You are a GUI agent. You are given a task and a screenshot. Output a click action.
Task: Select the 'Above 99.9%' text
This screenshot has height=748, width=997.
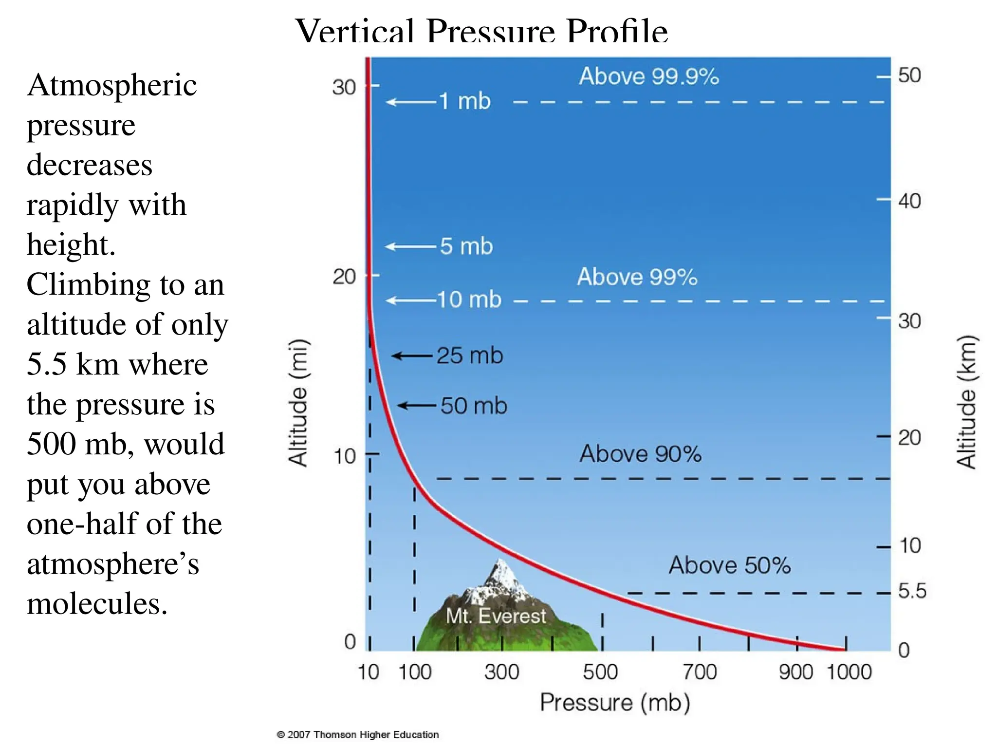tap(648, 76)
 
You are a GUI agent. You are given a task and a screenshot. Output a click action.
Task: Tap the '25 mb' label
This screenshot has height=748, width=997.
tap(469, 355)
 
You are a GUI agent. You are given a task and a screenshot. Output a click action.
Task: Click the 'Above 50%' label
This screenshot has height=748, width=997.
tap(729, 565)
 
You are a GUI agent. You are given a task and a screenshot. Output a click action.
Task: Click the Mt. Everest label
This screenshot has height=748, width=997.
tap(496, 617)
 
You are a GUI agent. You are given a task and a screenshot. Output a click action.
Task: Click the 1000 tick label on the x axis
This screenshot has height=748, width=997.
tap(849, 672)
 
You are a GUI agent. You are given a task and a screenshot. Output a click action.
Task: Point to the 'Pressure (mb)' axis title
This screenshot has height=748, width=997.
tap(615, 702)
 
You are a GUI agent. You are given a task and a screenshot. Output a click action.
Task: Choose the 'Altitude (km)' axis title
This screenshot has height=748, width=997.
tap(967, 402)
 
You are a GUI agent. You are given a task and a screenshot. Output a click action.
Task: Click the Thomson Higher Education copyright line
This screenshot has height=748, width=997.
tap(358, 734)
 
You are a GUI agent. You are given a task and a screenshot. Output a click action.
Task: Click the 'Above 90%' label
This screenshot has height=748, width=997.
tap(640, 454)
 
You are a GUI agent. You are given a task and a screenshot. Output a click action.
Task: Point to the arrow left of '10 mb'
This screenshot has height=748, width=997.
tap(411, 300)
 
